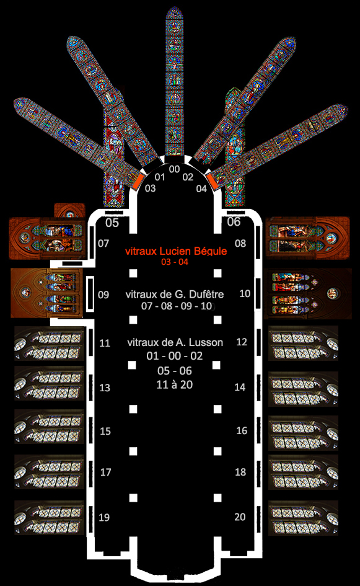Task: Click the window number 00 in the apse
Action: [174, 169]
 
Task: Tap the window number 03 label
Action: [150, 188]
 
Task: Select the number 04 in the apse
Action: [201, 189]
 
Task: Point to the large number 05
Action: [112, 223]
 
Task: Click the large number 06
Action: [234, 221]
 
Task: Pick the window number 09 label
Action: [103, 295]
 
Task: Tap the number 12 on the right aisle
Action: [242, 342]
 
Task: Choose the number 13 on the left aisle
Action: [105, 388]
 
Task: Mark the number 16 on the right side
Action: [242, 430]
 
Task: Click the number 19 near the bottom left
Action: [104, 517]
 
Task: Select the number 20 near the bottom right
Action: [240, 517]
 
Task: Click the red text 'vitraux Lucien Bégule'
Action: [176, 251]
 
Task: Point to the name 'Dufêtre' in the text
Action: [206, 294]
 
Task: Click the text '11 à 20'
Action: [174, 384]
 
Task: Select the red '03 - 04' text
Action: [174, 262]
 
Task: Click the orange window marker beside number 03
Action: [139, 179]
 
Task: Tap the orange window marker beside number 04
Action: [213, 180]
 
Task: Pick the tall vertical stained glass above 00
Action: [174, 81]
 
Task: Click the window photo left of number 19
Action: [50, 518]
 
